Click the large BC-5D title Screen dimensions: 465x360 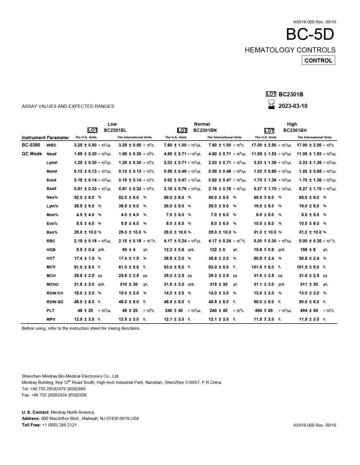tap(310, 35)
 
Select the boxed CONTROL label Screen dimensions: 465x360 tap(318, 61)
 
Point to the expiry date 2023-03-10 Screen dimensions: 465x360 tap(293, 106)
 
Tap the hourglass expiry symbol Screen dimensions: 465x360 tap(271, 105)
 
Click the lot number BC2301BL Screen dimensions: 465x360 tap(115, 130)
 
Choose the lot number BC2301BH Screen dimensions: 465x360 tap(295, 130)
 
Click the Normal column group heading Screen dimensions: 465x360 tap(202, 124)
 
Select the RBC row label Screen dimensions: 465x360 tap(51, 241)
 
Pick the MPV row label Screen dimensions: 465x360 tap(51, 319)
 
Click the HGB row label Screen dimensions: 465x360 tap(51, 250)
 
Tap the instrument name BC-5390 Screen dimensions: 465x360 tap(31, 145)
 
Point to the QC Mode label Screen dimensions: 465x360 tap(32, 154)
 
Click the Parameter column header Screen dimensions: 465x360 tap(58, 138)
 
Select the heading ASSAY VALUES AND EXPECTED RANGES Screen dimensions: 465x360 tap(68, 106)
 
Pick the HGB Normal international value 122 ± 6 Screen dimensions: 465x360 tap(217, 250)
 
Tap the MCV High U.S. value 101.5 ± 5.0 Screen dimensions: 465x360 tap(263, 267)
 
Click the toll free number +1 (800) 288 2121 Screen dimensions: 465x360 tap(59, 425)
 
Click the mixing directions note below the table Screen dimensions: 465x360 tap(81, 328)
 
